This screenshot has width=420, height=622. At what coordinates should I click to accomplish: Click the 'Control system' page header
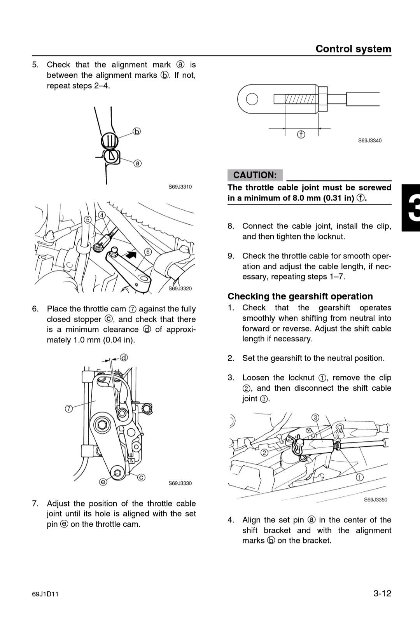coord(353,49)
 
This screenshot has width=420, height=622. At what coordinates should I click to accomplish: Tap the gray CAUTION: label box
coord(255,175)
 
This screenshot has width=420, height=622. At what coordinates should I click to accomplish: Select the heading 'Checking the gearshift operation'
coord(300,296)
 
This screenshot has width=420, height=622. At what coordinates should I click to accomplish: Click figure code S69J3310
coord(180,187)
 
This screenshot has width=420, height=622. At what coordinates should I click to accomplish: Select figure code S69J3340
coord(369,141)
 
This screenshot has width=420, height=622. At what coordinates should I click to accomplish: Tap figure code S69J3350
coord(375,500)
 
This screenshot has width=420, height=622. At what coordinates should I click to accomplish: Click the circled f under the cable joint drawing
coord(301,135)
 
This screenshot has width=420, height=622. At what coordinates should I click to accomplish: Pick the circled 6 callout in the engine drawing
coord(148,252)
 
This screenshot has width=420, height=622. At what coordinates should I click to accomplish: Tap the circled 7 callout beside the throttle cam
coord(69,409)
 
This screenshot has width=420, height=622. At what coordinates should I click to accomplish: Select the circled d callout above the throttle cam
coord(124,358)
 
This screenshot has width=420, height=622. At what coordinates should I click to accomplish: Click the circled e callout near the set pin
coord(103,482)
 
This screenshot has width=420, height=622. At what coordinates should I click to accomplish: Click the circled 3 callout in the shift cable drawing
coord(315,418)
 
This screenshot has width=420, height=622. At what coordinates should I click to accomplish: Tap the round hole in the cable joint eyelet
coord(252,99)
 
